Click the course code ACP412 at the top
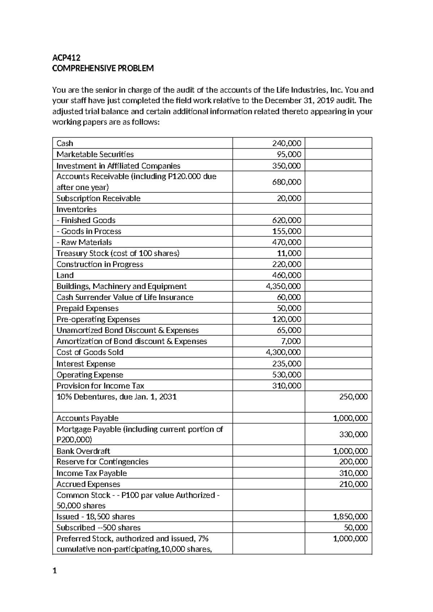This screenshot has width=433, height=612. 66,58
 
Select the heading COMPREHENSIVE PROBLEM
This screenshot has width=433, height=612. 103,69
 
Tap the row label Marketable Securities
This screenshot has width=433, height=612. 95,154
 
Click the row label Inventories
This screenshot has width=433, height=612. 76,209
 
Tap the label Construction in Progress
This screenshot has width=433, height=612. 100,264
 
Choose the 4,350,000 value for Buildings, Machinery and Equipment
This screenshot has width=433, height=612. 283,286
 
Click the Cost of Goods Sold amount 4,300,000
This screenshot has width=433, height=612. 283,352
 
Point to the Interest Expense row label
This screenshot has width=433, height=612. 86,364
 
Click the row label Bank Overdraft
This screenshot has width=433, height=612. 83,451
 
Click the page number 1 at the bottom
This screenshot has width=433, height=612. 54,571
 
